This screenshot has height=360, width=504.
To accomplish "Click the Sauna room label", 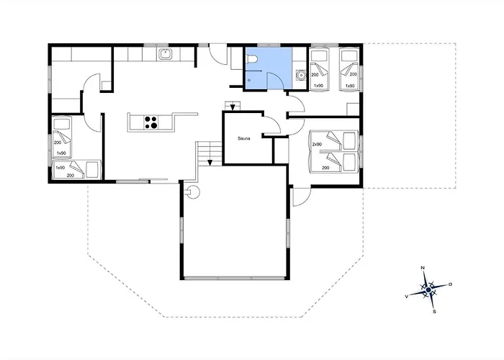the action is click(x=244, y=138).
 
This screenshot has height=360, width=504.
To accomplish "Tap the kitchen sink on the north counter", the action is click(x=166, y=54).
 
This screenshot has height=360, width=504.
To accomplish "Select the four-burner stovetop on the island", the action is click(x=150, y=122).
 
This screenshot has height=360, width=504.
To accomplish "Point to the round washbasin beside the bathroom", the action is click(x=301, y=75).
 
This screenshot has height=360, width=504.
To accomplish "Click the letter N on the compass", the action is click(x=423, y=268).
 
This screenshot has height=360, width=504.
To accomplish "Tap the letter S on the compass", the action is click(x=434, y=312).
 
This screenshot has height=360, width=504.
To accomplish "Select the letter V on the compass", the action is click(x=407, y=297).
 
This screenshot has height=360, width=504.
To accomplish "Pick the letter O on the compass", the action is click(x=450, y=284).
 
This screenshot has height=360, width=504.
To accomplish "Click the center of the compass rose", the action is click(x=428, y=290).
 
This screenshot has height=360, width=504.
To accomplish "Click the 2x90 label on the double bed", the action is click(x=317, y=144).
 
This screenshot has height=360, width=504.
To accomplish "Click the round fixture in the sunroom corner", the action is click(x=193, y=192).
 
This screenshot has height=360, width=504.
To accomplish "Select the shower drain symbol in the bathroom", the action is click(x=249, y=80).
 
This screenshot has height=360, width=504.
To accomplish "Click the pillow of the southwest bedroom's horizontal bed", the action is click(x=92, y=169).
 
